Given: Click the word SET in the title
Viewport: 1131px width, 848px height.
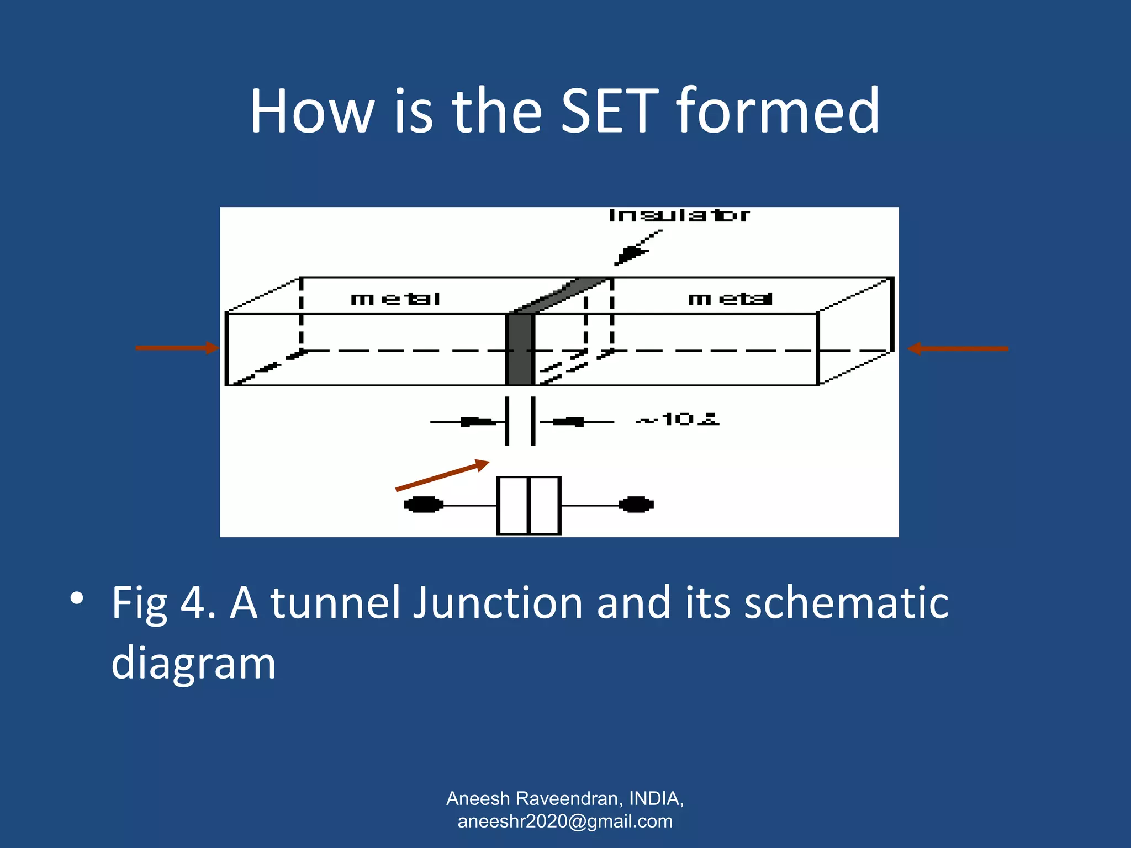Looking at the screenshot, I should coord(610,112).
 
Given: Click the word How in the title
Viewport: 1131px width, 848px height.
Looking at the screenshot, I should coord(312,112).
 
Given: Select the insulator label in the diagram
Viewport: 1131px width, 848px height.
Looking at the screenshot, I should coord(679,215).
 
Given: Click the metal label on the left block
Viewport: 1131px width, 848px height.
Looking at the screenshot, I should coord(395,299).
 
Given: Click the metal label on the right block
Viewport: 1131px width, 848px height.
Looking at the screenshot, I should coord(730,299).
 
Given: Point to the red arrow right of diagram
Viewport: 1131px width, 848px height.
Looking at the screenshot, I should coord(958,348).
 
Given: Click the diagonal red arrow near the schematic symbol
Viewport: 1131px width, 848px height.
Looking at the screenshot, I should coord(442,475).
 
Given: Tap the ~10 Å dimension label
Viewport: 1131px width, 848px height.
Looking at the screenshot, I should coord(678,420).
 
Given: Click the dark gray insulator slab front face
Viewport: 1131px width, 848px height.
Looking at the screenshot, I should coord(520,349).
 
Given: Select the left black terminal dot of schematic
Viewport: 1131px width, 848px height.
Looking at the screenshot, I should coord(424,505).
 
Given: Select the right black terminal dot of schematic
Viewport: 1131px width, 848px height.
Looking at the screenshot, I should coord(636,505).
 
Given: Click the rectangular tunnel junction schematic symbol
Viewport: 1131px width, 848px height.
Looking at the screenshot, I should coord(528,505).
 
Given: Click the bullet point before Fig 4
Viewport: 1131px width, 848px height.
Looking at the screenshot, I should coord(77,598).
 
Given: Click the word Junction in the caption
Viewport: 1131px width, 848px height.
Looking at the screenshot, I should coord(498,603).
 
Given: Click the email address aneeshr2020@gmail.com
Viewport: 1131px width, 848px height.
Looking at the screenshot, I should coord(565,821).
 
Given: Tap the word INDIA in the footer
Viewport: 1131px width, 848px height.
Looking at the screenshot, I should coord(655,798).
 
